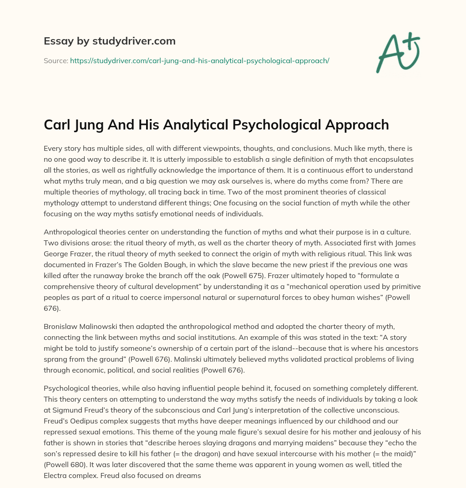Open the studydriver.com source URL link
[199, 60]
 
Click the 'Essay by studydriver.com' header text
[109, 41]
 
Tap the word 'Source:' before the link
[56, 60]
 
